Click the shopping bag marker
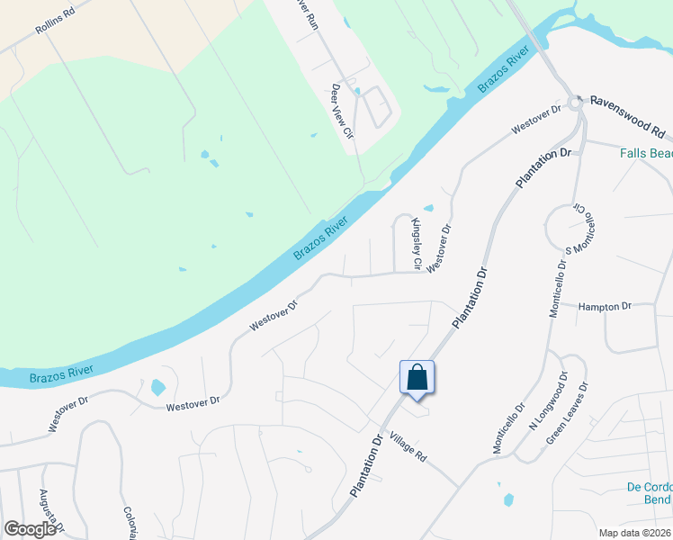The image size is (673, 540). (417, 377)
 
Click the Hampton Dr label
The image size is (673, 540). (606, 307)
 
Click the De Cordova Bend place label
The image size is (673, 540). (649, 493)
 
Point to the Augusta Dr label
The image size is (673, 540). (49, 510)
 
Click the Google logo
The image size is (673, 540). (30, 529)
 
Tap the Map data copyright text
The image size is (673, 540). (634, 533)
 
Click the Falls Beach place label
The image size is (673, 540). (645, 153)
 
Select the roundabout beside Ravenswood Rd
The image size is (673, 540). (576, 105)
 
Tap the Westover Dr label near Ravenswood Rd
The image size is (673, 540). (537, 118)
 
